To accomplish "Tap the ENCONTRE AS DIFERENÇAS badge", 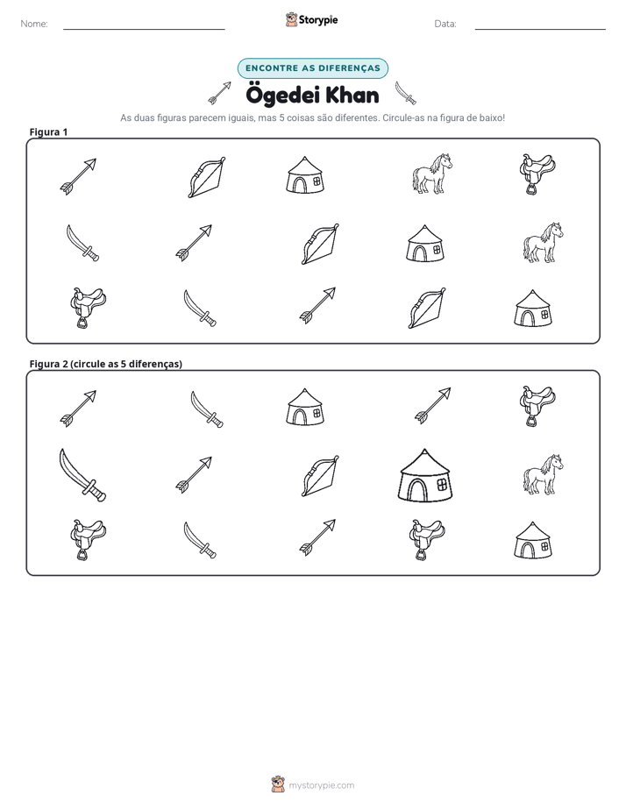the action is pyautogui.click(x=312, y=68).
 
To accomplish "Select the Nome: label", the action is pyautogui.click(x=34, y=24).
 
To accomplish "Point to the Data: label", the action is pyautogui.click(x=445, y=24).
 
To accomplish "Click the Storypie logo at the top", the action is pyautogui.click(x=312, y=19).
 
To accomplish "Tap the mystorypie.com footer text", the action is pyautogui.click(x=321, y=785).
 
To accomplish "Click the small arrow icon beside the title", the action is pyautogui.click(x=219, y=92).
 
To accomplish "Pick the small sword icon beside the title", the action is pyautogui.click(x=405, y=93).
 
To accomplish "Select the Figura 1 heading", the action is pyautogui.click(x=48, y=131).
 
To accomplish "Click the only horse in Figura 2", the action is pyautogui.click(x=543, y=474).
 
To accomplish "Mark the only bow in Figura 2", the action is pyautogui.click(x=320, y=476).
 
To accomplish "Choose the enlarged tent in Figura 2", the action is pyautogui.click(x=425, y=475).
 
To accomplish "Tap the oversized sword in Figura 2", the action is pyautogui.click(x=82, y=475).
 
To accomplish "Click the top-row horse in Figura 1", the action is pyautogui.click(x=431, y=174).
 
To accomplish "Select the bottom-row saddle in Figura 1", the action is pyautogui.click(x=88, y=308).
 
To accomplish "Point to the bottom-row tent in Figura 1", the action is pyautogui.click(x=533, y=309).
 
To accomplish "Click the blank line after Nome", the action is pyautogui.click(x=144, y=29).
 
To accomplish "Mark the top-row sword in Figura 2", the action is pyautogui.click(x=207, y=409).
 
